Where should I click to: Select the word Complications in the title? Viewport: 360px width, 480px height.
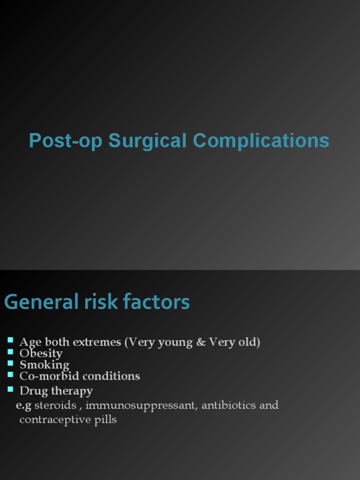coord(261,141)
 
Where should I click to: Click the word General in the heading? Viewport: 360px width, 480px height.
coord(41,302)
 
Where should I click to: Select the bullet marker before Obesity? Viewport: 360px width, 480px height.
coord(11,351)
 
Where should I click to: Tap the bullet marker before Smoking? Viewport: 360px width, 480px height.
coord(11,362)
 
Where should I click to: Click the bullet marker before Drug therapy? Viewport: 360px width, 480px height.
coord(11,389)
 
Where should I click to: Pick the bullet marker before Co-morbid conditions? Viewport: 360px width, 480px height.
coord(11,374)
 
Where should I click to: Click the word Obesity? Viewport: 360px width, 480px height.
coord(41,353)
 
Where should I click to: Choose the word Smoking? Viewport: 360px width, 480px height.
coord(44,365)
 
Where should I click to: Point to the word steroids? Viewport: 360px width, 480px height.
coord(55,405)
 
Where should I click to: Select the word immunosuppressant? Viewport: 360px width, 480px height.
coord(141,405)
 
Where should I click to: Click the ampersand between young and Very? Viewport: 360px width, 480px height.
coord(201,342)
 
